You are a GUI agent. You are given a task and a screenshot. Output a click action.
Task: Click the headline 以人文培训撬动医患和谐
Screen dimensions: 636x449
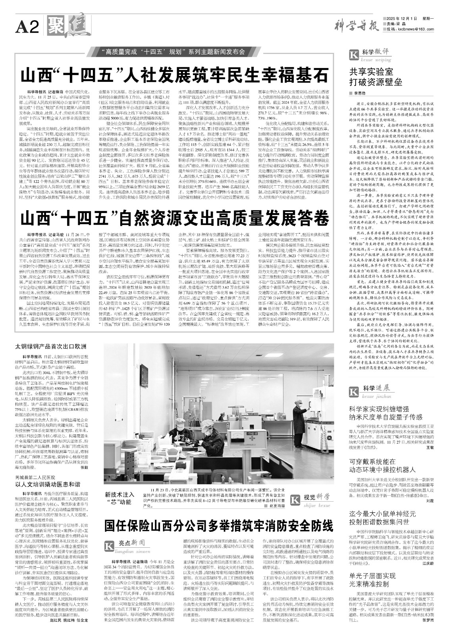click(x=48, y=485)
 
